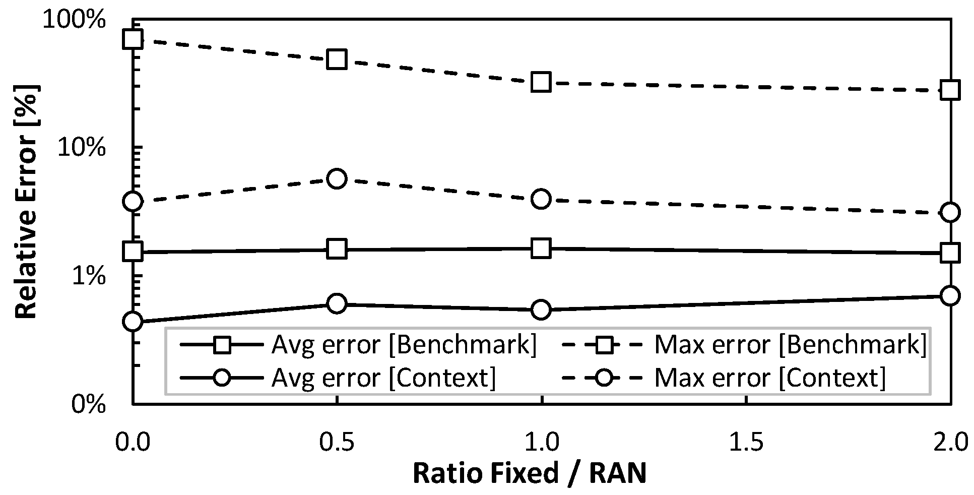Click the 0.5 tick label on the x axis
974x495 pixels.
point(337,441)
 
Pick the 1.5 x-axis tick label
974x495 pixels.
point(745,441)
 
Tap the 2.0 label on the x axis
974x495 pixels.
point(949,441)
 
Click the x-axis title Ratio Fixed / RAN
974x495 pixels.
point(529,473)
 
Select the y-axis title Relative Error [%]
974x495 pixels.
point(26,202)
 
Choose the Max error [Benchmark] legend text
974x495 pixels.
point(791,345)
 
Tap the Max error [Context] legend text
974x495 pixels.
point(770,377)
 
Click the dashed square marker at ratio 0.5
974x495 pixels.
point(337,59)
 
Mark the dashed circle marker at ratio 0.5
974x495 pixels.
point(337,179)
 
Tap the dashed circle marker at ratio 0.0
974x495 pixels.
point(133,201)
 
